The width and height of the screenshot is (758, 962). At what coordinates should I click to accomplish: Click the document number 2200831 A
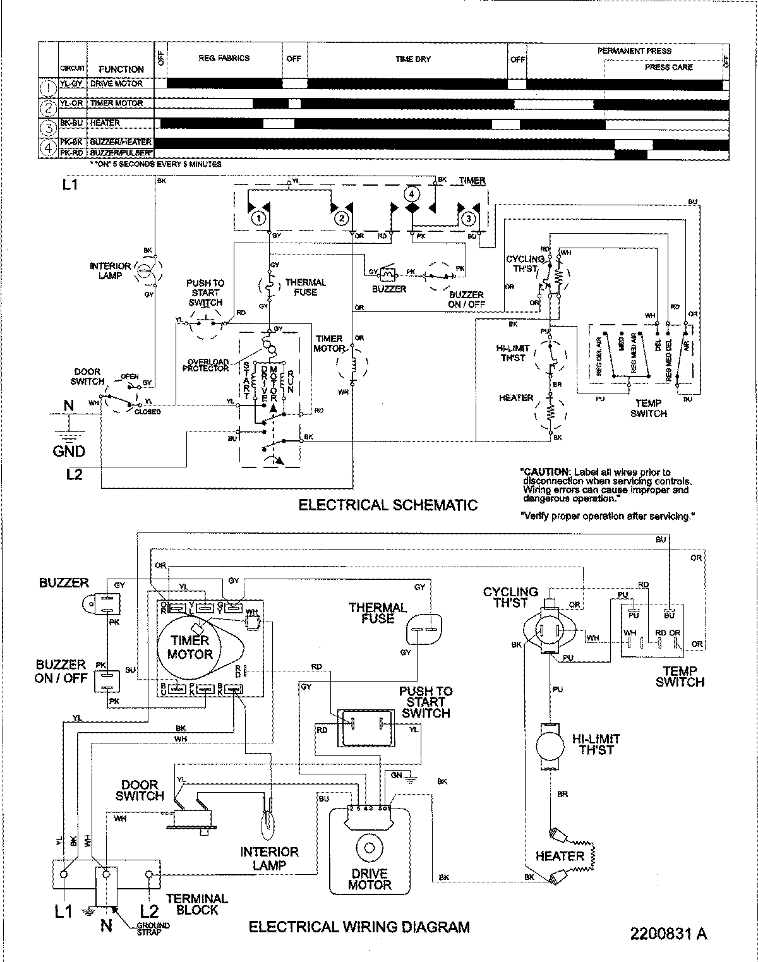(668, 934)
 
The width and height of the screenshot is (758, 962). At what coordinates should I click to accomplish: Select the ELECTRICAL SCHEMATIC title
(388, 505)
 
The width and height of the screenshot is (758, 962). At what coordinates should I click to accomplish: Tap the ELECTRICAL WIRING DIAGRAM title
(359, 927)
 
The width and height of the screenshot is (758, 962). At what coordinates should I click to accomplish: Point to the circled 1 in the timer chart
(48, 87)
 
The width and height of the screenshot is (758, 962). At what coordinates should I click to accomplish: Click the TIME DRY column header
(413, 59)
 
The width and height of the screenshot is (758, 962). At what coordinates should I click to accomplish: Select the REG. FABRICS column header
(224, 58)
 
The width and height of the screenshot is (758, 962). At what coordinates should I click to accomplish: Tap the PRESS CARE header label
(668, 67)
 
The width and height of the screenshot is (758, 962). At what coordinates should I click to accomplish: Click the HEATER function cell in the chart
(105, 123)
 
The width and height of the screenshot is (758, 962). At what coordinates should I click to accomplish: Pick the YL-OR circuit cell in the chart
(73, 103)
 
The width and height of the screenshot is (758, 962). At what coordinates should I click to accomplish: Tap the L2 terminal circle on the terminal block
(149, 875)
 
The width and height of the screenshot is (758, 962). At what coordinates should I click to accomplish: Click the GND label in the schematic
(69, 451)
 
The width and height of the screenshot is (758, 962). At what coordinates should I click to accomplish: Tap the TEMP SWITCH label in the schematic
(648, 408)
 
